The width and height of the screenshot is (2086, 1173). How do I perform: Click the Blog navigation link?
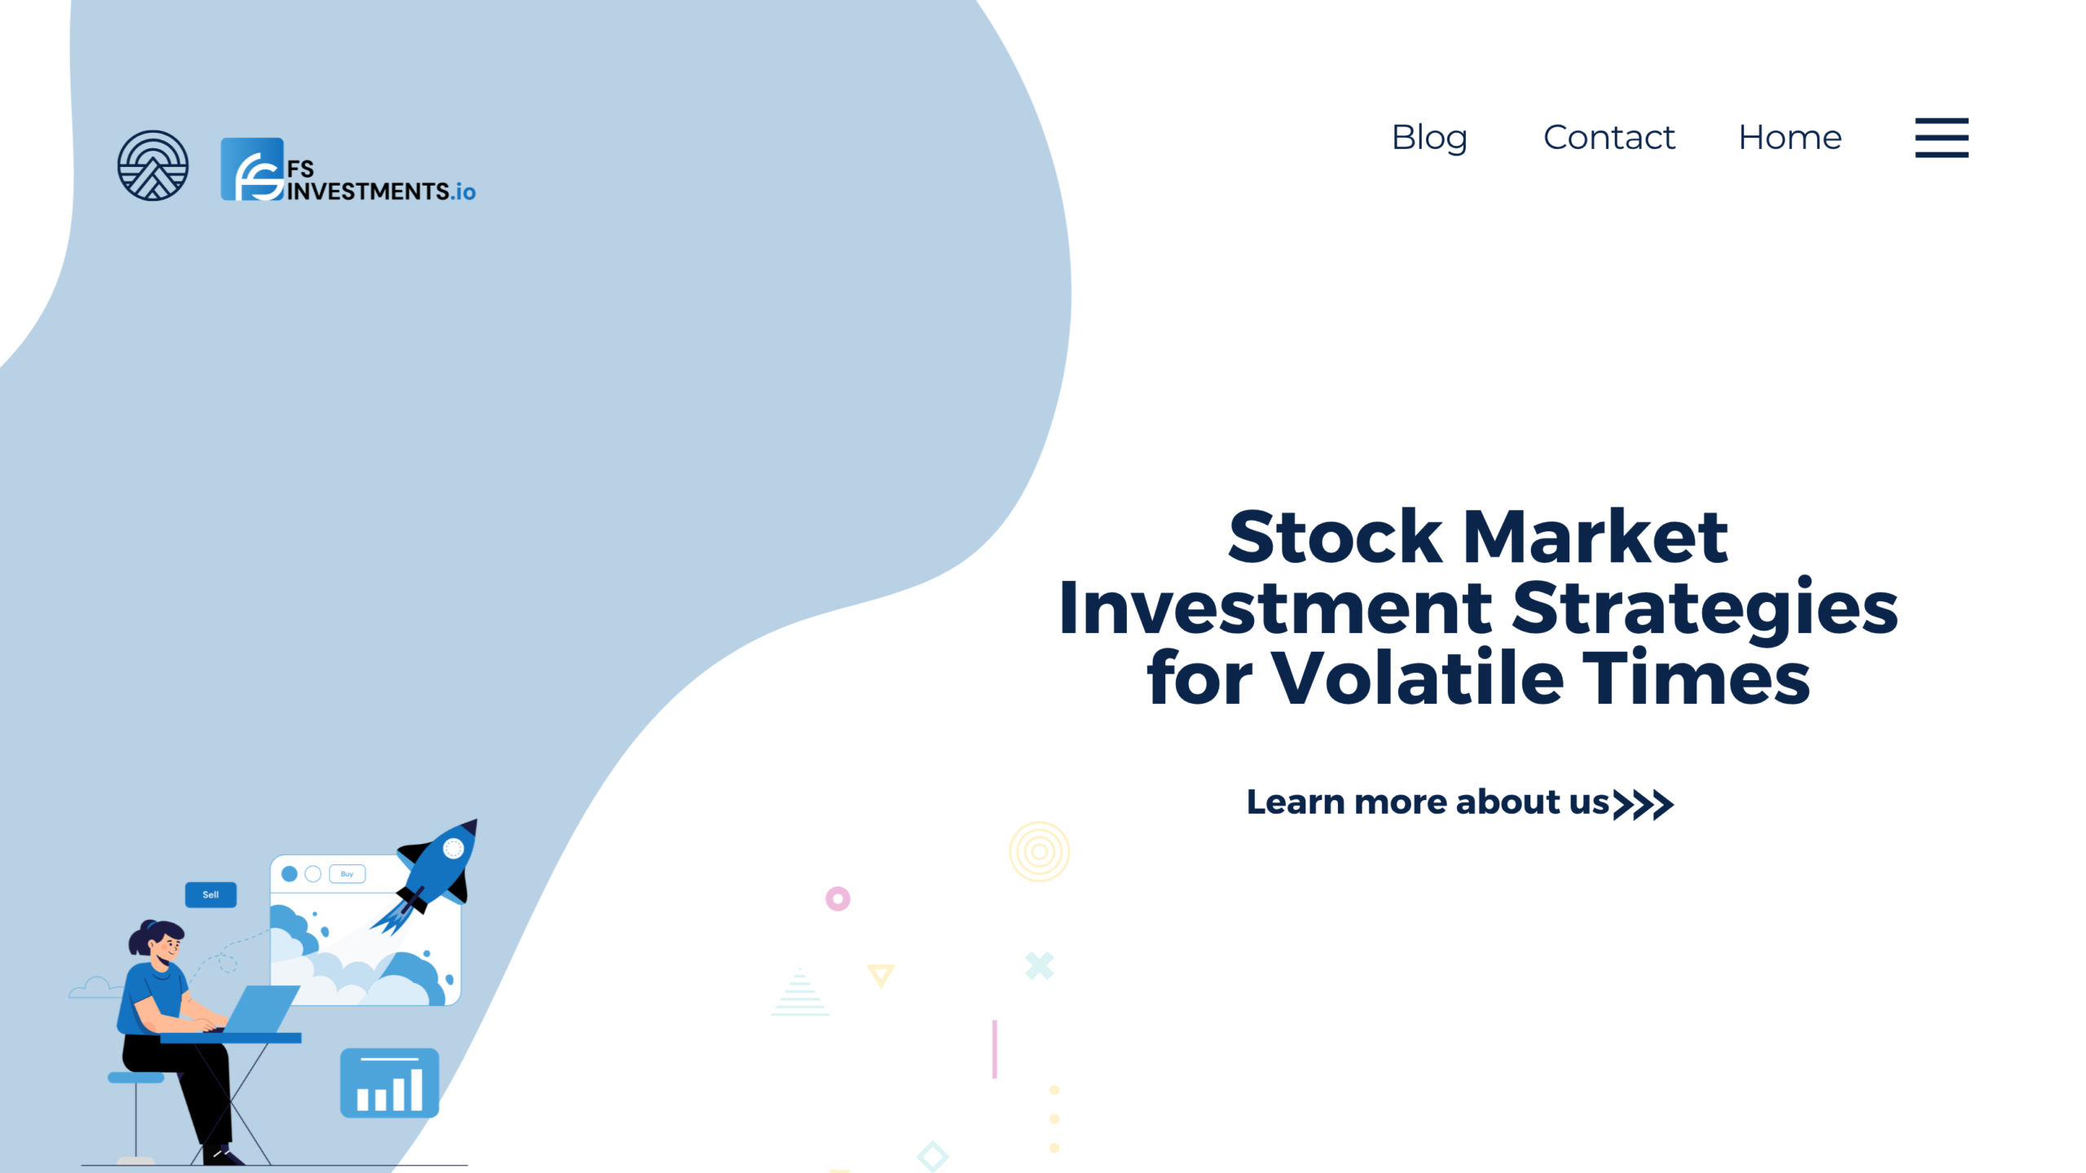(x=1429, y=138)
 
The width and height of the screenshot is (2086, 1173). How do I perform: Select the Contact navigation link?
(x=1609, y=138)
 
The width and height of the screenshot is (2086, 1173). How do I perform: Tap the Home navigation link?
(x=1789, y=138)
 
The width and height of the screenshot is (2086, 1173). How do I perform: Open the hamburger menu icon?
(x=1941, y=138)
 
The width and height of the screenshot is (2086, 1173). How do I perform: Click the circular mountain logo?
(x=153, y=165)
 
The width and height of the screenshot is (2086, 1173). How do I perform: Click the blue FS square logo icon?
(x=253, y=169)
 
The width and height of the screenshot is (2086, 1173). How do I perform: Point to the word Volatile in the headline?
(x=1417, y=678)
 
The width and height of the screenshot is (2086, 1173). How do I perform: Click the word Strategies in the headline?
(x=1705, y=608)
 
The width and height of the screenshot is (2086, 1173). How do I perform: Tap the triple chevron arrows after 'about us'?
(x=1644, y=804)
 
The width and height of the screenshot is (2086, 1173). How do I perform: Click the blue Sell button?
(x=210, y=894)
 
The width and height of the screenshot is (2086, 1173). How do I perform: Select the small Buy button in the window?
(x=347, y=874)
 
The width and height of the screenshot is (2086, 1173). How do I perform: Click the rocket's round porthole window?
(x=453, y=849)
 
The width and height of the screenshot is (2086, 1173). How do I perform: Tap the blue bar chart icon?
(x=389, y=1083)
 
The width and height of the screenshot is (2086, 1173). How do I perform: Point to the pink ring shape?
(x=838, y=898)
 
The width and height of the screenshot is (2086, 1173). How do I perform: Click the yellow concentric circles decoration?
(x=1039, y=851)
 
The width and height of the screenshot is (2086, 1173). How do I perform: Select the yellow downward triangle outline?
(x=881, y=974)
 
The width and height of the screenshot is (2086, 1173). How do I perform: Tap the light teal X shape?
(x=1040, y=966)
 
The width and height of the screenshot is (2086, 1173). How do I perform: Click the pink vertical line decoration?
(x=994, y=1049)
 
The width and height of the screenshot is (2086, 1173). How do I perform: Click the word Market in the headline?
(x=1595, y=537)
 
